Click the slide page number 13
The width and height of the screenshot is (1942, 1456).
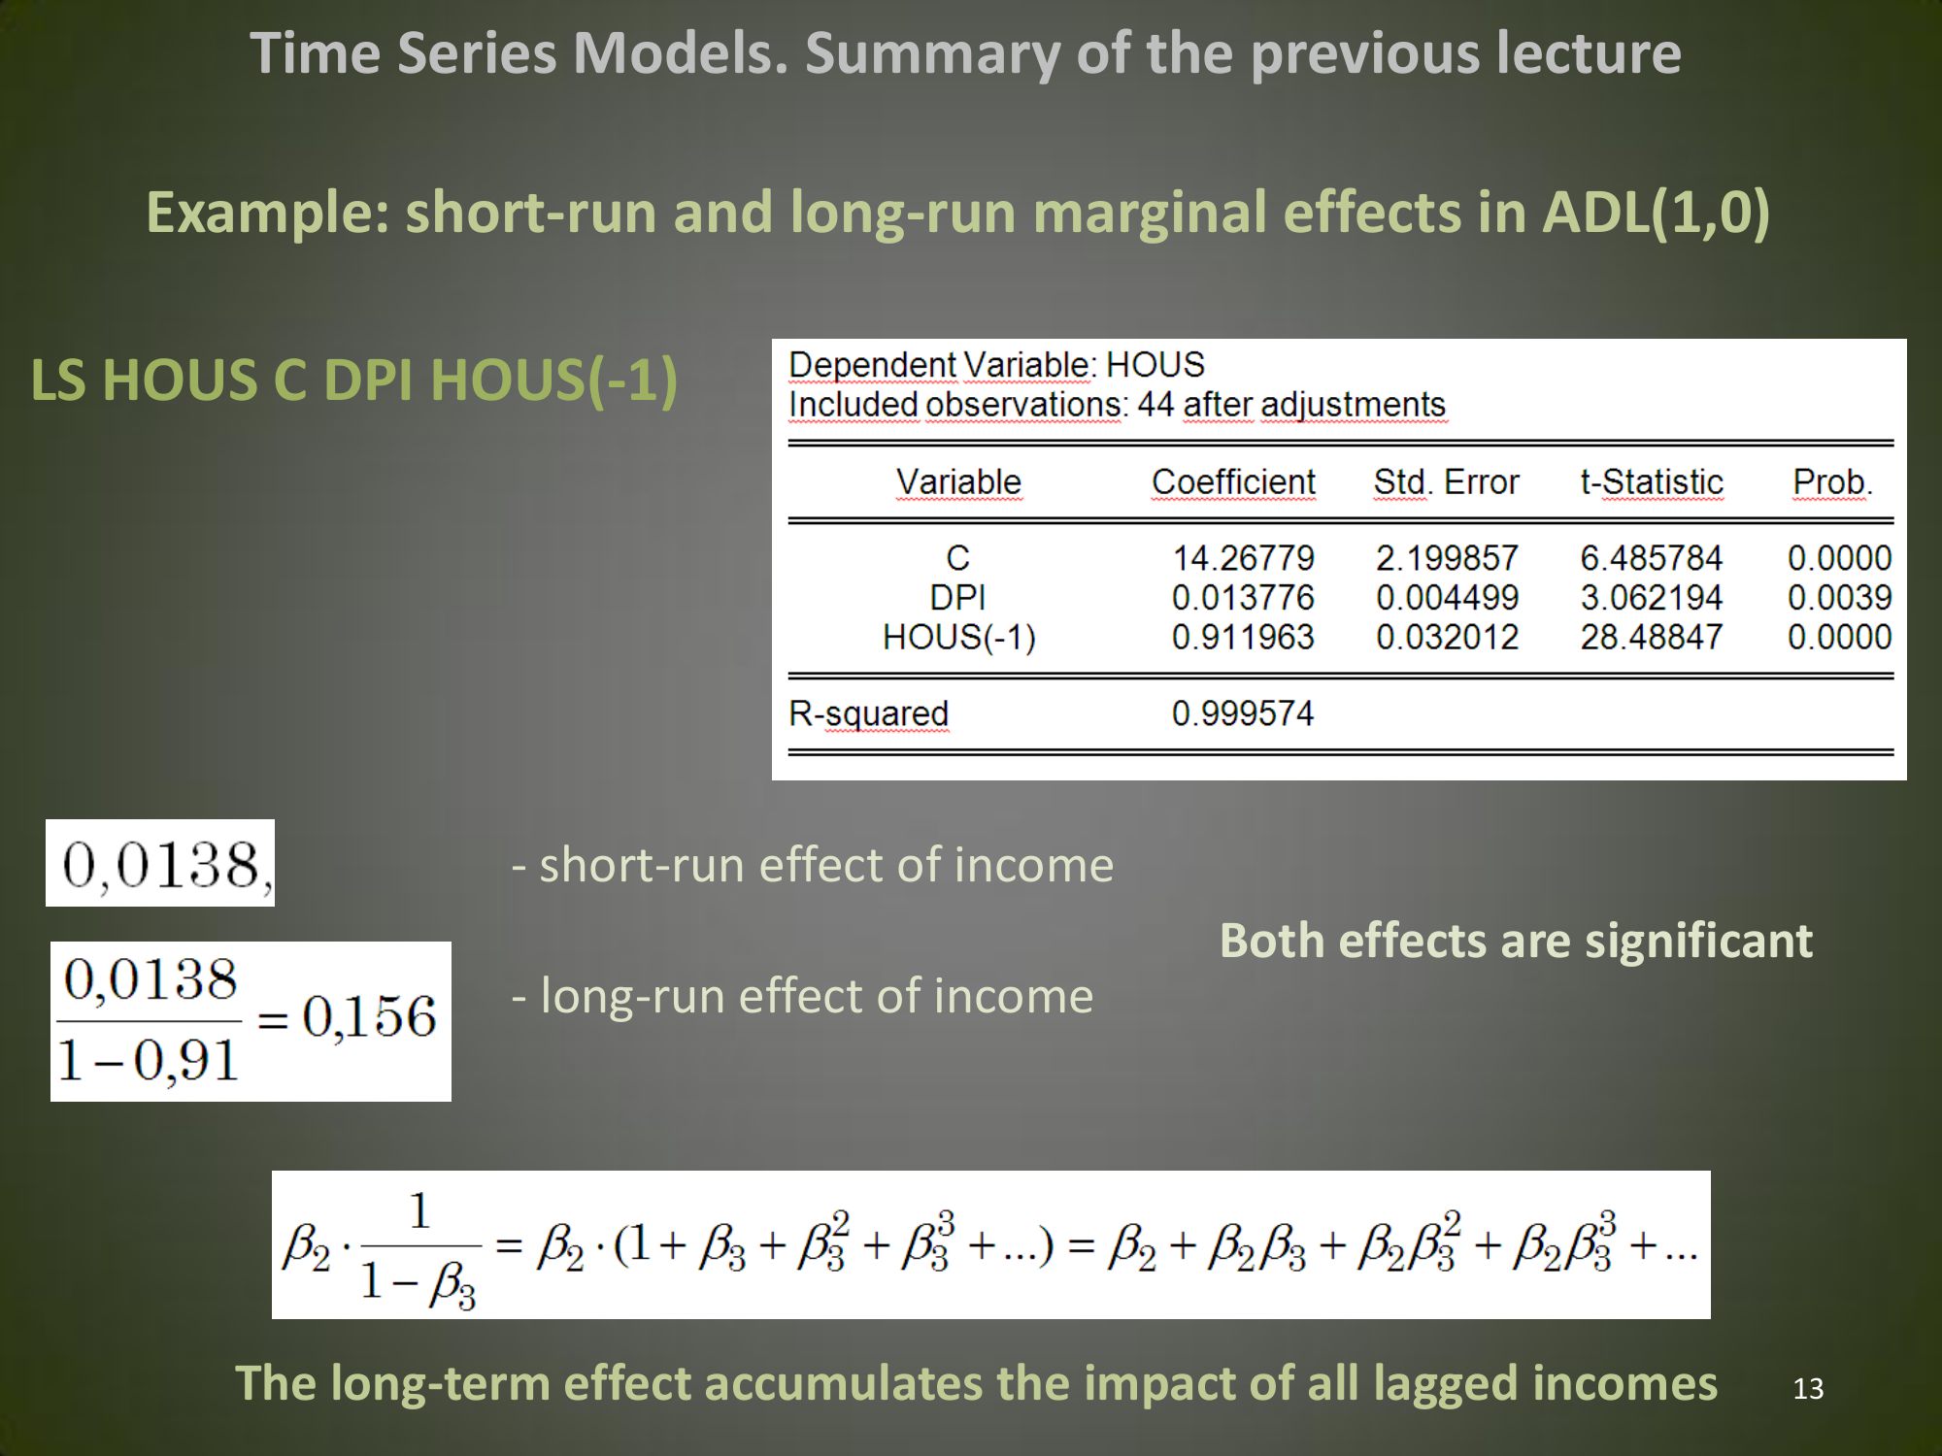click(x=1808, y=1389)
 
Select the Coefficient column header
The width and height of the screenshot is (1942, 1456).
click(x=1233, y=481)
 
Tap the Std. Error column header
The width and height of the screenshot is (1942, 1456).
click(x=1446, y=481)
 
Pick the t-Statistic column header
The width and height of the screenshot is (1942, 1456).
click(x=1652, y=481)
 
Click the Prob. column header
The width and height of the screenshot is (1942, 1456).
click(x=1832, y=481)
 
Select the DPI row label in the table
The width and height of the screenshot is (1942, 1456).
click(x=957, y=597)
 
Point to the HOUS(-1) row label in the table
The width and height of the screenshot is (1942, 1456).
click(x=959, y=637)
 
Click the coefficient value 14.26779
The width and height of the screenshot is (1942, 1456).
click(x=1243, y=558)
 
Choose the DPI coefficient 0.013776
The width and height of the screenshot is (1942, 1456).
click(x=1243, y=597)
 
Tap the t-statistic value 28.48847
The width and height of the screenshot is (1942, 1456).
click(x=1651, y=637)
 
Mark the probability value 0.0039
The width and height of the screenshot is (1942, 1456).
click(x=1839, y=597)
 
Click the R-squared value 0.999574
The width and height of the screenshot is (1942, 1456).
click(x=1243, y=713)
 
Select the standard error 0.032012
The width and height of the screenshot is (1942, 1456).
click(x=1447, y=637)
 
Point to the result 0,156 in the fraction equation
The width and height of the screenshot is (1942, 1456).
click(x=369, y=1017)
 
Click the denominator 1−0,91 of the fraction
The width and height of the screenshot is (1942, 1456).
click(x=148, y=1060)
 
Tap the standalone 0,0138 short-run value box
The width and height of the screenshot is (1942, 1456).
click(x=160, y=863)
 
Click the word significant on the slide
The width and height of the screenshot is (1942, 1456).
click(x=1698, y=941)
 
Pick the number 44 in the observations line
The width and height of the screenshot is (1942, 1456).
click(x=1155, y=404)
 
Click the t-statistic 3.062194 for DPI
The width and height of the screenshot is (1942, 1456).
click(x=1651, y=597)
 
